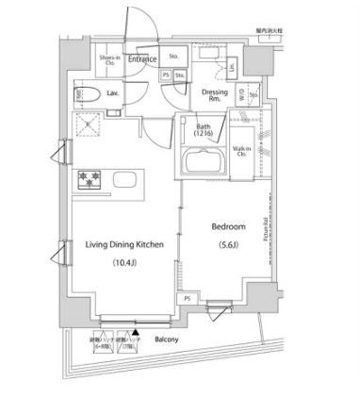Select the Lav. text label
(112, 93)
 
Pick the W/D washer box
(241, 94)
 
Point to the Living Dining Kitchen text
(125, 244)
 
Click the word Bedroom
(228, 228)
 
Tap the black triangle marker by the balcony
(136, 332)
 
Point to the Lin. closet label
(232, 68)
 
